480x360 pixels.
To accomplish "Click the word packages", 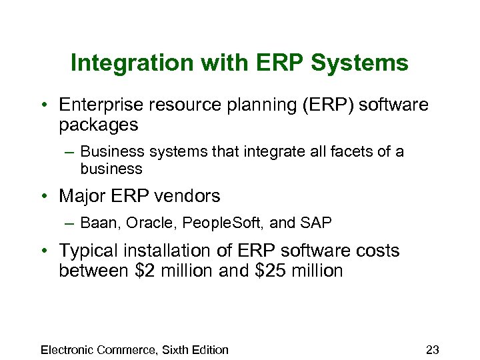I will coord(99,125).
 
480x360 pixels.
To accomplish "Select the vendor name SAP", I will coord(319,223).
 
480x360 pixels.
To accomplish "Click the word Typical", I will coord(87,251).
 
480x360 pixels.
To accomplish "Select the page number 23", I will coord(432,350).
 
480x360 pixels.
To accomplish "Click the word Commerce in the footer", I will coord(127,350).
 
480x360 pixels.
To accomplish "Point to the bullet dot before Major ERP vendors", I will coord(44,197).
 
